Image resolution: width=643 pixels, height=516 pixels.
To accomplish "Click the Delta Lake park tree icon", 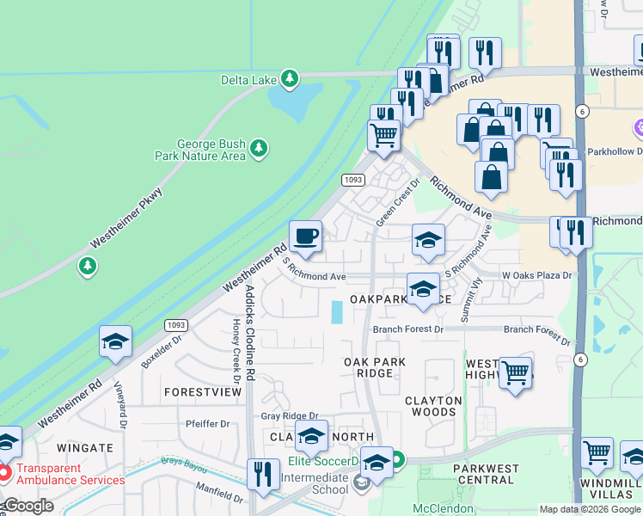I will point(291,80).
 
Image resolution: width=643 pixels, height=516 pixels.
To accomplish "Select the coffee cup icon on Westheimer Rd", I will point(305,236).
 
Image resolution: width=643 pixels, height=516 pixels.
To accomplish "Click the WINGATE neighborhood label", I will point(85,448).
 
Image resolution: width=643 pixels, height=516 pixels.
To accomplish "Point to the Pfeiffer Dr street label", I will point(207,424).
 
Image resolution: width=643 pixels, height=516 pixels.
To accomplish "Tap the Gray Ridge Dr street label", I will point(289,416).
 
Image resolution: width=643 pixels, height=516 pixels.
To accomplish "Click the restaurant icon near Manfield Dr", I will point(263,475).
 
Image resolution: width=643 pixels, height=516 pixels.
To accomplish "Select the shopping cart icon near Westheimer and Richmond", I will point(383,135).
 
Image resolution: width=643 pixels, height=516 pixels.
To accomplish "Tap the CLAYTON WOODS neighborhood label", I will point(433,406).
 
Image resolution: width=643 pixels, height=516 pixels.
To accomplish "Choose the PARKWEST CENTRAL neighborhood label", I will point(487,474).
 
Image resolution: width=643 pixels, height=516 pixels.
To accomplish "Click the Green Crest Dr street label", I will point(397,203).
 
